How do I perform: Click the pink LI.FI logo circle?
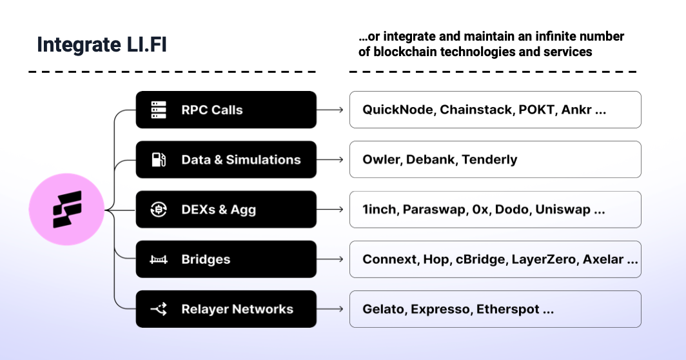[x=67, y=209]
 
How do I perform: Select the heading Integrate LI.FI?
[x=102, y=45]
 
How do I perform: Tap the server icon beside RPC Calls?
[x=159, y=110]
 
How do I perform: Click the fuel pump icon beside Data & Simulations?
[x=159, y=159]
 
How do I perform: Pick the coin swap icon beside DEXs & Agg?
[x=159, y=210]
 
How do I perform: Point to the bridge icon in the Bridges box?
[x=159, y=259]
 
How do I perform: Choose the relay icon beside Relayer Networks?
[x=159, y=309]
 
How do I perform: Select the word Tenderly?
[x=489, y=159]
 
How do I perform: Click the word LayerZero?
[x=544, y=259]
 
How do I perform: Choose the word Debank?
[x=430, y=159]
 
